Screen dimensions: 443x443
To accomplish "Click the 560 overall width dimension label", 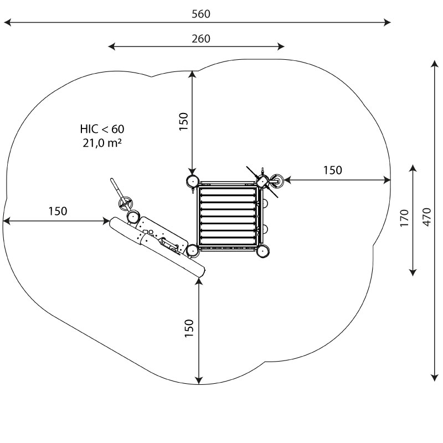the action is tap(201, 14).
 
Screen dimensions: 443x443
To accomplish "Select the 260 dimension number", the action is tap(201, 39).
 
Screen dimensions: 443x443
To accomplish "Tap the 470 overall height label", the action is tap(427, 217).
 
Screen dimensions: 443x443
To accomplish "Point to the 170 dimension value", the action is tap(405, 218).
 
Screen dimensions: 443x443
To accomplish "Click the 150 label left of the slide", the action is tap(58, 211).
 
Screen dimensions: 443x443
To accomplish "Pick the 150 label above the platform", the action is tap(184, 121).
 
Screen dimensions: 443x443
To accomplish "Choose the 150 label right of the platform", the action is tap(333, 170).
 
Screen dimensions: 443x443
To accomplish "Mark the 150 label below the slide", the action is tap(189, 328).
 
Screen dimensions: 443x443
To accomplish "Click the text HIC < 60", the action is tap(102, 129).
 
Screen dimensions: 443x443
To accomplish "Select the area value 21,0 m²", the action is tap(102, 143).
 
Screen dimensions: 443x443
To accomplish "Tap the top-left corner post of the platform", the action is tap(192, 181).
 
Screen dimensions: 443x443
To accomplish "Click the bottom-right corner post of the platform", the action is tap(262, 251).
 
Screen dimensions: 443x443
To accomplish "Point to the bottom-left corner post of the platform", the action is tap(192, 251).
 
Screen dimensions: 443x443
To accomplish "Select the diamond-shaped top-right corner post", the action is tap(262, 181).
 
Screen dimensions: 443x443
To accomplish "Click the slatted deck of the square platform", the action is tap(228, 216).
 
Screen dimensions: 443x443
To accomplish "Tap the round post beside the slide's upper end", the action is tap(132, 217).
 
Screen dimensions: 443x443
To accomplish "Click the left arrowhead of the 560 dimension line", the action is tap(7, 22).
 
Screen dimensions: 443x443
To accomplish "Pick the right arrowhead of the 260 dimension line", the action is tap(281, 47).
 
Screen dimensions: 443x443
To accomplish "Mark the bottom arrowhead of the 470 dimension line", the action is tap(434, 378).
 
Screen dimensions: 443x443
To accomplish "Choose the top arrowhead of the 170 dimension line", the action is tap(413, 168).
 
